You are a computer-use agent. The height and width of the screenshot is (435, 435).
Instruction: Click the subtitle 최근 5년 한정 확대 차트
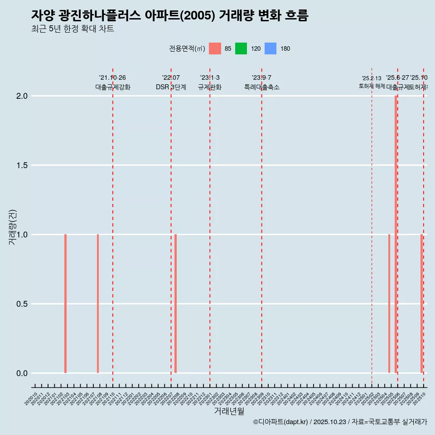coord(72,29)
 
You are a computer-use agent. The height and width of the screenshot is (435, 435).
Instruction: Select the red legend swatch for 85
coord(215,48)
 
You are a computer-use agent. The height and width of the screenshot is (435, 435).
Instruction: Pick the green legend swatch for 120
coord(241,48)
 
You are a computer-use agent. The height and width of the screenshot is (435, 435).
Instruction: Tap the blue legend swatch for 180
coord(270,48)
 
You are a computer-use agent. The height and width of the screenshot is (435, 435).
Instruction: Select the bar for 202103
coord(65,304)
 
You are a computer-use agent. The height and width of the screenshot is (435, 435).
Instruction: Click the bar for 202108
coord(98,304)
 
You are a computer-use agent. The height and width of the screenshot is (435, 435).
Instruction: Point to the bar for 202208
coord(175,304)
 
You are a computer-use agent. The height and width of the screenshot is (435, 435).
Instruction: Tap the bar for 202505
coord(389,304)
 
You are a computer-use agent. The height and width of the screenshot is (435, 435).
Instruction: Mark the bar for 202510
coord(421,304)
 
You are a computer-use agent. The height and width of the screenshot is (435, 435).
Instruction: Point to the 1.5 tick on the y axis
coord(22,165)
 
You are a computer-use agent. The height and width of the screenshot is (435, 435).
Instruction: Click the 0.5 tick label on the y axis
coord(22,304)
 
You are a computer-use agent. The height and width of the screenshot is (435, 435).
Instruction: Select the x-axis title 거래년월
coord(229,411)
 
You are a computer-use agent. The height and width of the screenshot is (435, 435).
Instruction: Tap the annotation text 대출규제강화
coord(113,87)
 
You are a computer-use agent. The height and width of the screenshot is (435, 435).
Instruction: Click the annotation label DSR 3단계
coord(171,87)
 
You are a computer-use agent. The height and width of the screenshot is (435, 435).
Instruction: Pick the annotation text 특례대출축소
coord(262,87)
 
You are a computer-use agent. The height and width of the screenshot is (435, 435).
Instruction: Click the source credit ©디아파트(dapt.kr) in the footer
coord(280,422)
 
